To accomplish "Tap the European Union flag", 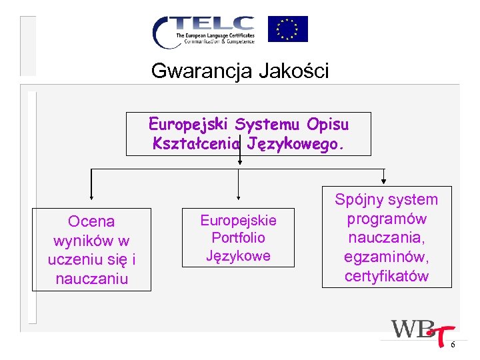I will coord(287,29).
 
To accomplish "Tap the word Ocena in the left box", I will coord(92,221).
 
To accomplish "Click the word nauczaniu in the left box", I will coord(92,279).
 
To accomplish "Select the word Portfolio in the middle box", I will coord(238,237).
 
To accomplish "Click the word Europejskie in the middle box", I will coord(238,220).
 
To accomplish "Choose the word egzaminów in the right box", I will coord(387,257).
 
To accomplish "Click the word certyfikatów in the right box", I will coord(387,276).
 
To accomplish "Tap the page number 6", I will coord(453,345).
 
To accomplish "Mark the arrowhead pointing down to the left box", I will coord(92,197).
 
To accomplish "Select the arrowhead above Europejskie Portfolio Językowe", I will coord(239,197).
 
